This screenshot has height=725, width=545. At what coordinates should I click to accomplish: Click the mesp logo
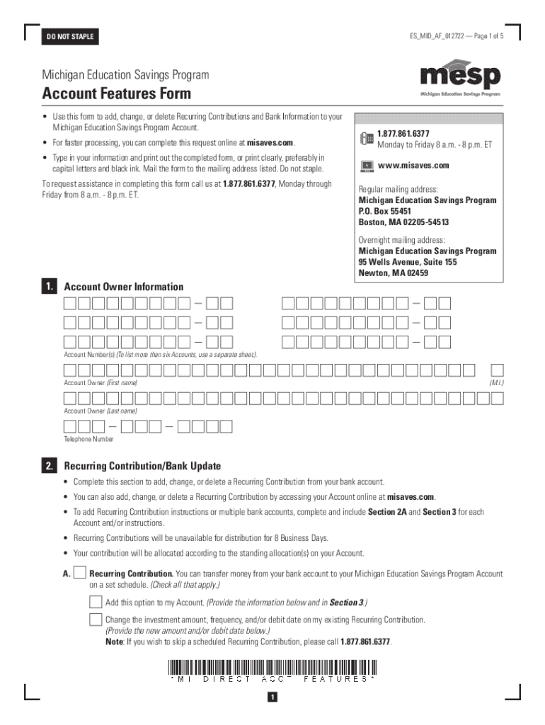460,79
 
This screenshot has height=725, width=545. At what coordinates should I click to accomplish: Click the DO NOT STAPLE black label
70,36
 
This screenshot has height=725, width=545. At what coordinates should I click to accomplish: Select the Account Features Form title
116,93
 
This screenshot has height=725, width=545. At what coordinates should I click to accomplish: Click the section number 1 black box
49,287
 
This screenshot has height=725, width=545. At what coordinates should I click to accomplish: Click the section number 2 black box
49,466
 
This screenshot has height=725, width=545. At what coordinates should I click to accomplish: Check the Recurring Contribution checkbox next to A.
80,573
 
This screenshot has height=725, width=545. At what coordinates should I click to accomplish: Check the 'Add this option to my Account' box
96,603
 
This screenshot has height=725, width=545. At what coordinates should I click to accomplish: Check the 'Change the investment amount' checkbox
96,620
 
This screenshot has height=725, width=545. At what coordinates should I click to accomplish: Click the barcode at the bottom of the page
272,666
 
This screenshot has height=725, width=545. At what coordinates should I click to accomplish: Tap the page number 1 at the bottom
272,698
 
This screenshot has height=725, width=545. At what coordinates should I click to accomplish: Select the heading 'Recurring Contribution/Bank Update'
142,466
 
